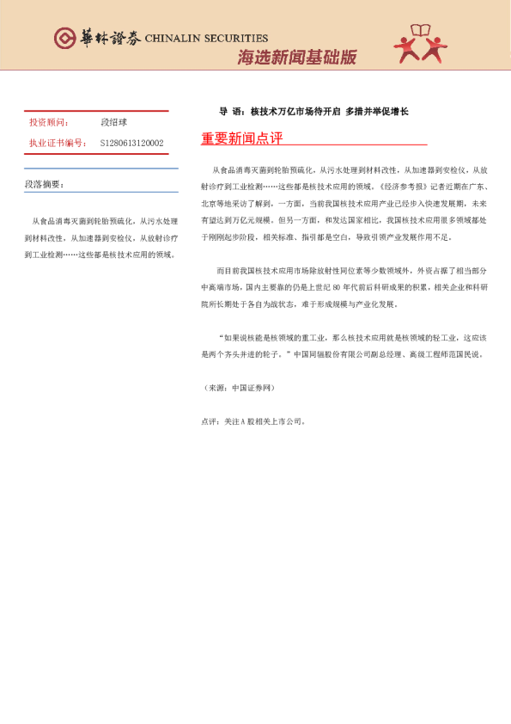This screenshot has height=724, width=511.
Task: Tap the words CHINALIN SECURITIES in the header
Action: tap(206, 39)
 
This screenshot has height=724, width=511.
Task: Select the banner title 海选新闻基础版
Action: tap(296, 58)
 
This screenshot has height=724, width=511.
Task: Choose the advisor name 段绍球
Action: tap(114, 123)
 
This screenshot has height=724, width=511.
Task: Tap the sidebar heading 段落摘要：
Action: tap(44, 184)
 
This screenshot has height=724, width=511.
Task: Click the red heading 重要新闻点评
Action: tap(241, 138)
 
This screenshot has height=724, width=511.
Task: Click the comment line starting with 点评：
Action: tap(252, 398)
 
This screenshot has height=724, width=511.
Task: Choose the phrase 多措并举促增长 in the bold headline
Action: tap(377, 111)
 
